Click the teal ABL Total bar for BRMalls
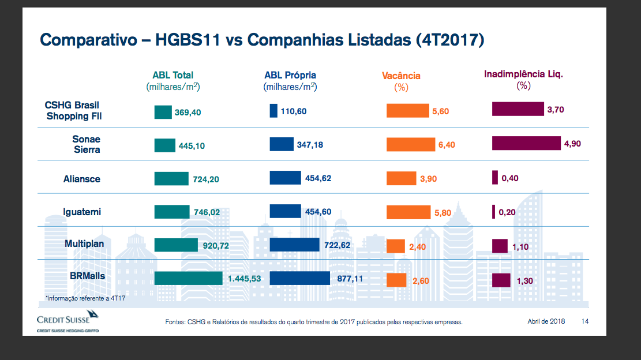[188, 279]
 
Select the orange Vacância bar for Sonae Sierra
[410, 145]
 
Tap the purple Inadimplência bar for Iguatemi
[493, 212]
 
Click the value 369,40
[188, 112]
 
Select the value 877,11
[350, 279]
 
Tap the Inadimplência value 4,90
[572, 144]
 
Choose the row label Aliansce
[82, 179]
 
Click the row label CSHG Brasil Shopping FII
[73, 110]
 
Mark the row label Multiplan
[84, 243]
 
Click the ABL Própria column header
[290, 76]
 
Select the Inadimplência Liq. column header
[523, 74]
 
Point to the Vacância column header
[401, 76]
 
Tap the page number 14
[586, 321]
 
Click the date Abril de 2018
[546, 321]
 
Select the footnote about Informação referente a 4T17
[85, 298]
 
